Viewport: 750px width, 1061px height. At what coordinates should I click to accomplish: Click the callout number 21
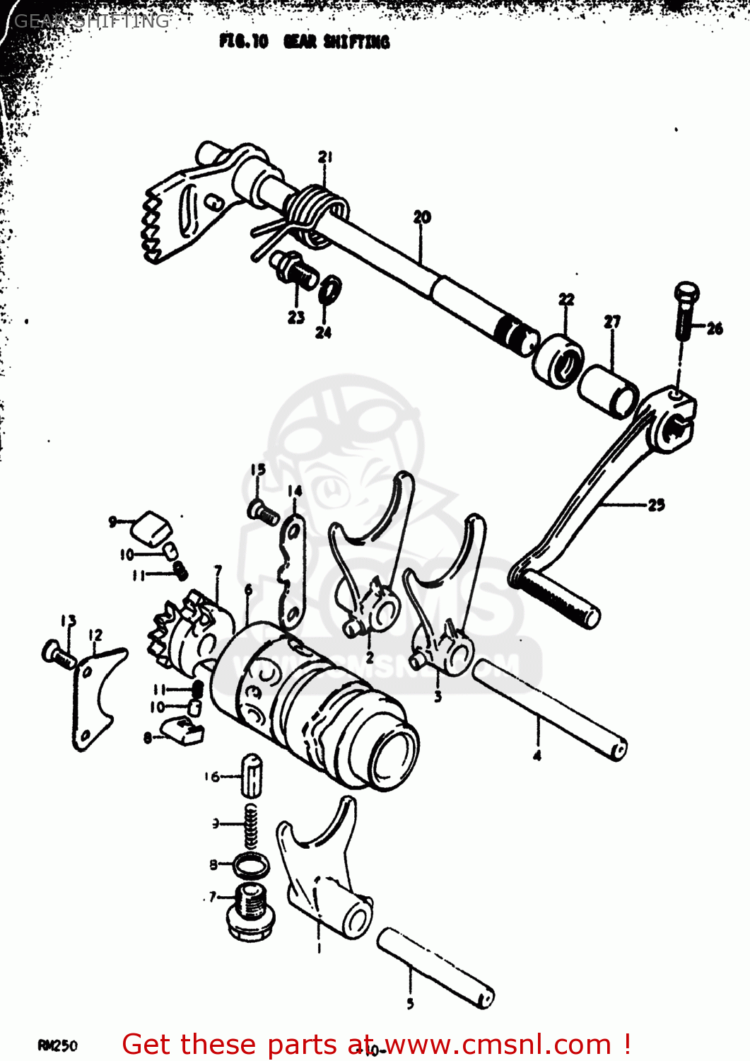324,157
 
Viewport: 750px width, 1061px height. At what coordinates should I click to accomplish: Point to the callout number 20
422,217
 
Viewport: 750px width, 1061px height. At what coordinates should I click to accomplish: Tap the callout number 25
656,504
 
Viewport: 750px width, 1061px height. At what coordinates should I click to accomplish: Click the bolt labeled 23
294,268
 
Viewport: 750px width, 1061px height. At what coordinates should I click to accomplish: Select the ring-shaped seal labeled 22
558,361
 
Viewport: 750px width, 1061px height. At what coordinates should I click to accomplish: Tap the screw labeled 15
263,512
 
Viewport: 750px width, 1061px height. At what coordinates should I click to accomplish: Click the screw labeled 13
59,654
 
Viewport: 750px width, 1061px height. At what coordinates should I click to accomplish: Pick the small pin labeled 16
252,775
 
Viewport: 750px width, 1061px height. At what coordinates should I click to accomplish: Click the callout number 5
410,1002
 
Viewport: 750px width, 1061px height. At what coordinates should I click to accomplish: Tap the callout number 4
537,755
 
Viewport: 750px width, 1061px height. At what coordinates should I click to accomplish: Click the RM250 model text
58,1045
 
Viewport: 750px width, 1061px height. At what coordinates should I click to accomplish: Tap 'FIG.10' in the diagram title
243,42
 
